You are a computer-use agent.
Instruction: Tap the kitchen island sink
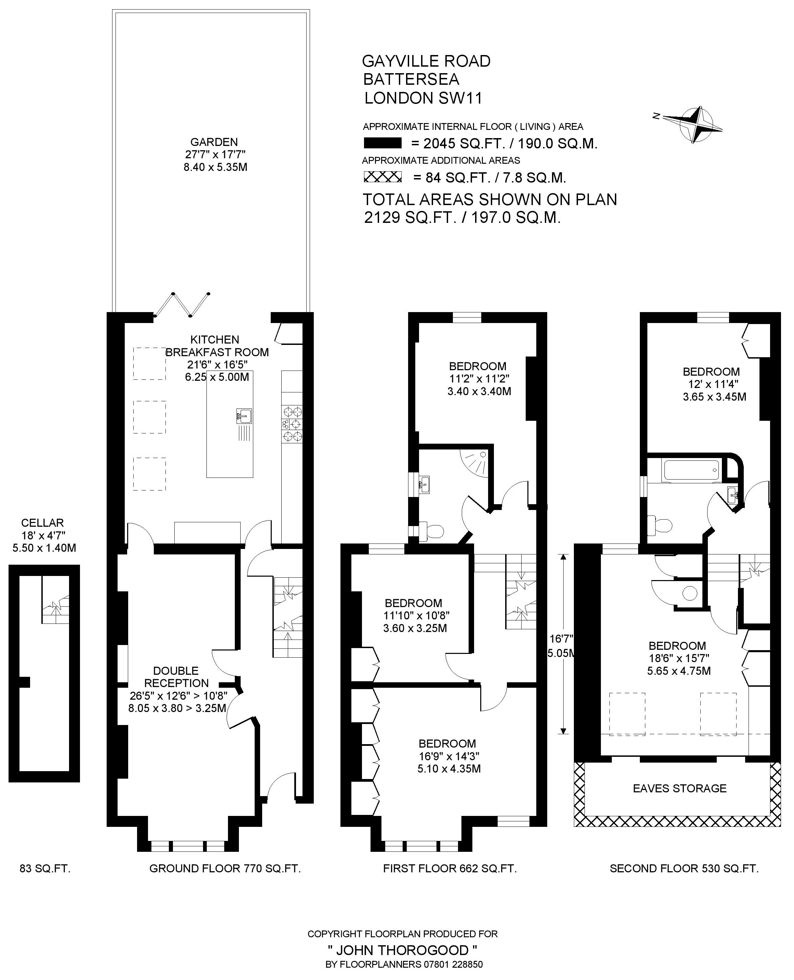[244, 416]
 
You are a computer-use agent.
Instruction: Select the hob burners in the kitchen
[292, 424]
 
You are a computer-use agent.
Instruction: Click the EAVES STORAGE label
[679, 788]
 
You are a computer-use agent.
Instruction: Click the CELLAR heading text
[42, 523]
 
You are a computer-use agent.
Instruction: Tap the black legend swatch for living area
[382, 143]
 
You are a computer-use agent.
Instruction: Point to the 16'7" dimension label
[561, 639]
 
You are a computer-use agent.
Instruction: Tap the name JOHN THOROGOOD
[403, 950]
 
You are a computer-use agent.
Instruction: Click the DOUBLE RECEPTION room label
[177, 677]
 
